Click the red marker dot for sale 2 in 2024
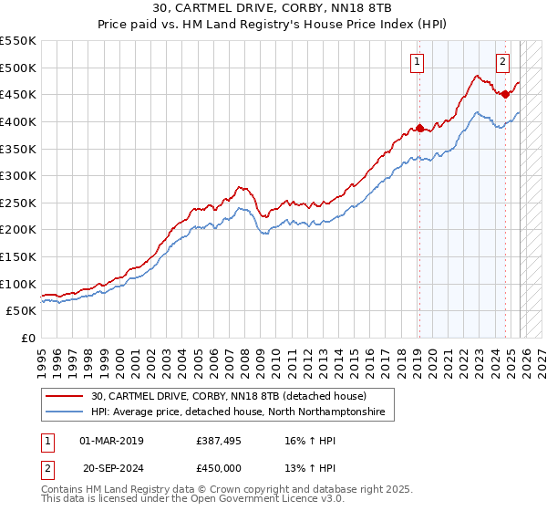click(505, 94)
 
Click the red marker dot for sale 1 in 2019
click(419, 128)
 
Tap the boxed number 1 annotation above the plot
click(417, 62)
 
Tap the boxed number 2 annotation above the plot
click(502, 62)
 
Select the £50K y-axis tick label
click(22, 311)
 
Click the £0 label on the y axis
click(27, 339)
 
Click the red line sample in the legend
click(66, 397)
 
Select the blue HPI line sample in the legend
click(66, 412)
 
